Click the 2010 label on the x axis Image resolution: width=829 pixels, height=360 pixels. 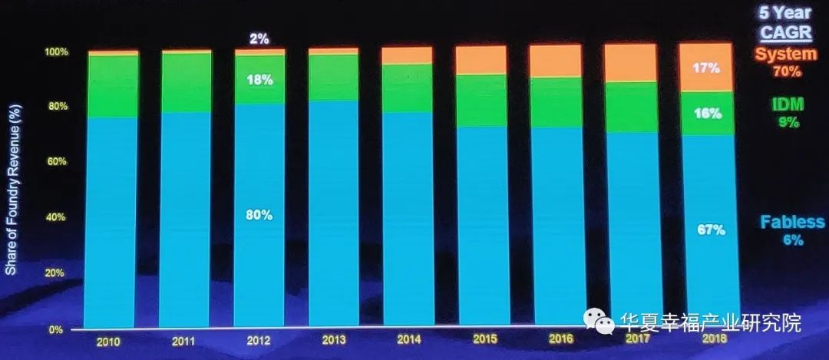coord(108,341)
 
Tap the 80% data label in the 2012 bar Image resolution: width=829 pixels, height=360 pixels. coord(259,216)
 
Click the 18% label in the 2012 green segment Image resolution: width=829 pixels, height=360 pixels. coord(259,79)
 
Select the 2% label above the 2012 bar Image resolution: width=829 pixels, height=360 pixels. coord(259,38)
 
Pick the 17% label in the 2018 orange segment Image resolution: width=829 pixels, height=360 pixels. coord(706,68)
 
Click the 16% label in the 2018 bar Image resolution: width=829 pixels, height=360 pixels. coord(706,114)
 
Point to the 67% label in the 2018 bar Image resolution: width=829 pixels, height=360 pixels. coord(710,230)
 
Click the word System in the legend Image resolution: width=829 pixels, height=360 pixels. coord(785,54)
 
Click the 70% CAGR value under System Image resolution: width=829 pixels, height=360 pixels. coord(787,71)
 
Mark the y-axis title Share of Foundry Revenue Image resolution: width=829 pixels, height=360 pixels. coord(12,191)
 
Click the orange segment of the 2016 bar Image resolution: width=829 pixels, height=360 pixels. coord(555,61)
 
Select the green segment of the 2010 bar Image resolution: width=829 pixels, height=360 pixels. coord(112,86)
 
